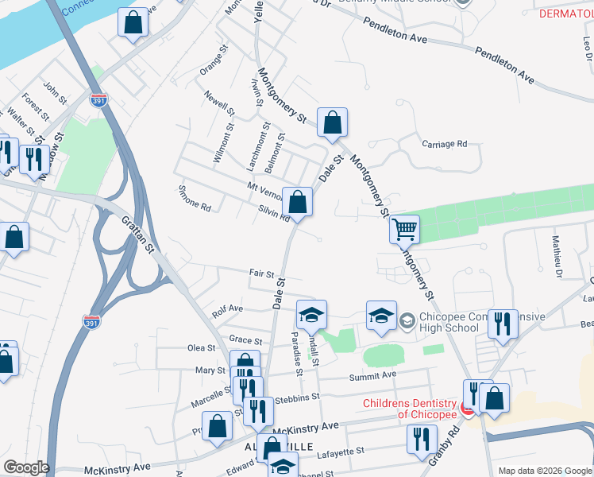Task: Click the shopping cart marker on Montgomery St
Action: click(404, 229)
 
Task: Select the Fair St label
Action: click(261, 273)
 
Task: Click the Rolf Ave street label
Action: click(227, 308)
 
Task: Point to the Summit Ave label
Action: click(376, 374)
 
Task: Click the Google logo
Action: click(25, 467)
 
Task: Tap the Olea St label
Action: click(200, 347)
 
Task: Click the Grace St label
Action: click(240, 339)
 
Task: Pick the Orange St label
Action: click(214, 60)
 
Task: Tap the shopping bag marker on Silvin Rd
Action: click(297, 204)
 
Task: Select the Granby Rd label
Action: click(452, 444)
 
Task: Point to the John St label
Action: click(55, 93)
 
